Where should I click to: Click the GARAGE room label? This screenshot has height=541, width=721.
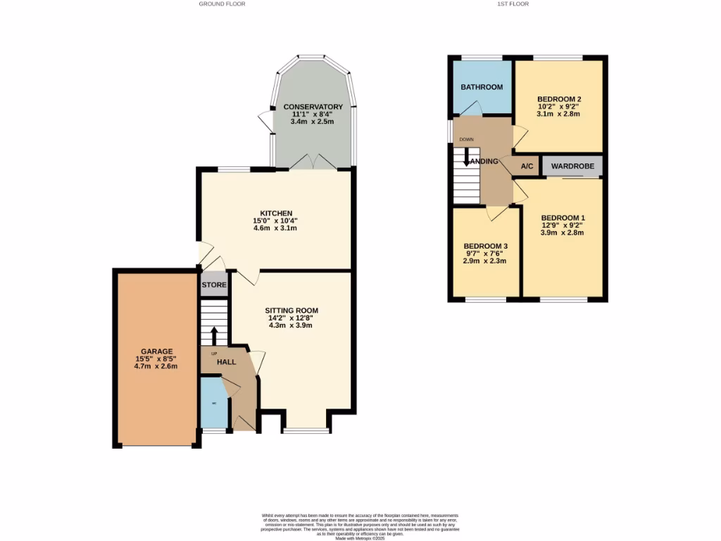tap(156, 352)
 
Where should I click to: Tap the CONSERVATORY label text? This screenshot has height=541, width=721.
tap(312, 107)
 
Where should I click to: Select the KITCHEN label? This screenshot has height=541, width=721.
tap(276, 213)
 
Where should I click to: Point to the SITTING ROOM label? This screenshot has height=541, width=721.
tap(291, 310)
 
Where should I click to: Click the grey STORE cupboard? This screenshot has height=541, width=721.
tap(214, 285)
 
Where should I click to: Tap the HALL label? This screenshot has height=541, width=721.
tap(226, 361)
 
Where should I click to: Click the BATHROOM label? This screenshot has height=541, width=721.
tap(482, 87)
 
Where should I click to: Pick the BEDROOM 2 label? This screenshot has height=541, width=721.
tap(558, 99)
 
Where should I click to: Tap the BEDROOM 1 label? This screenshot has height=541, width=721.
tap(563, 218)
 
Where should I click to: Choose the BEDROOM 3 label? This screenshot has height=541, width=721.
tap(485, 246)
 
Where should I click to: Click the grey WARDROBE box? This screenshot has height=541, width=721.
tap(572, 166)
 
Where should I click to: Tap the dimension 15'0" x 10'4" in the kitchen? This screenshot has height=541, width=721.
tap(276, 221)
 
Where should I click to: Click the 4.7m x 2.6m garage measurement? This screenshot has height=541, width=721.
tap(156, 366)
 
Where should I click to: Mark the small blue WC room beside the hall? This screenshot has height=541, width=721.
tap(214, 403)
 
